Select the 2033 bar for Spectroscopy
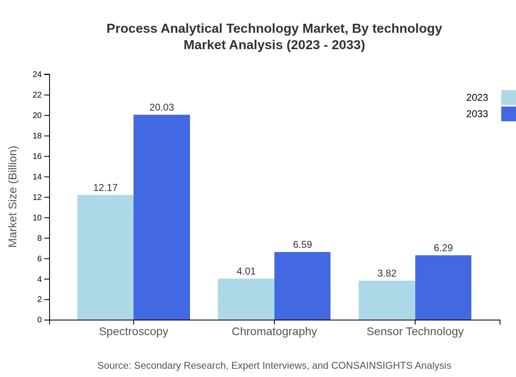(162, 217)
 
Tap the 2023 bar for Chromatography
(246, 299)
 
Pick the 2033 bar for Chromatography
(302, 286)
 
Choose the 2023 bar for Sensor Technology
(387, 300)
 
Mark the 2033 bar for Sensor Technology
(443, 287)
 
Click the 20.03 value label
(162, 107)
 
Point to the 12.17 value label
(105, 188)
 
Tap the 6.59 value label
(302, 245)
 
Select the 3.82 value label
(387, 273)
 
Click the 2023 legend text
(477, 98)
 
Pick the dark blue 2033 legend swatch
(508, 114)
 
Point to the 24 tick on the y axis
(37, 74)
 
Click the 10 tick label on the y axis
(37, 218)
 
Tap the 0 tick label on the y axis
(40, 320)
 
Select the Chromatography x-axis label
(274, 331)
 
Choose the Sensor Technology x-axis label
(415, 331)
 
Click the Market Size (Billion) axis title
(13, 197)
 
